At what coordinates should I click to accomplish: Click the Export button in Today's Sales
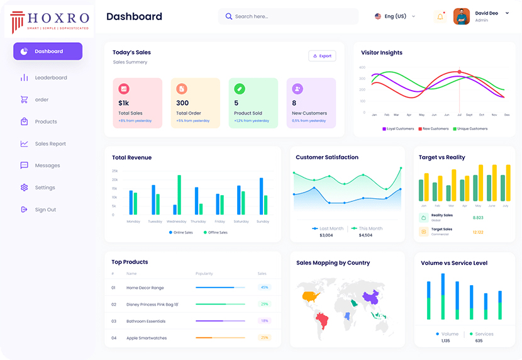[x=322, y=56]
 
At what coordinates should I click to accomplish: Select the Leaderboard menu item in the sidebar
[x=50, y=77]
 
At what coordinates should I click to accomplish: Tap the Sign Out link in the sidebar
[x=45, y=210]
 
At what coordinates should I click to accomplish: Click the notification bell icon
[x=440, y=17]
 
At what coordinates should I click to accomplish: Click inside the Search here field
[x=289, y=16]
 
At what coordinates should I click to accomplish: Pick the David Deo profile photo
[x=462, y=16]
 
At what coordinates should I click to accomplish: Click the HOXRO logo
[x=50, y=21]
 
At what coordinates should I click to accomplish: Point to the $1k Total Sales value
[x=123, y=103]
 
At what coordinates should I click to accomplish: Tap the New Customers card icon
[x=297, y=89]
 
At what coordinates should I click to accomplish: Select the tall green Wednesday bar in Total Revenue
[x=179, y=194]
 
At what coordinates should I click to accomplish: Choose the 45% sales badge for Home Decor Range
[x=265, y=288]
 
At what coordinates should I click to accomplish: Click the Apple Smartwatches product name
[x=147, y=338]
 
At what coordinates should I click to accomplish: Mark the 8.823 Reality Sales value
[x=478, y=218]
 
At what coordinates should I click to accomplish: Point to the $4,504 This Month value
[x=365, y=235]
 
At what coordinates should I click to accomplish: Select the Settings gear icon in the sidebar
[x=24, y=188]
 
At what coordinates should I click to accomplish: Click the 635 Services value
[x=479, y=340]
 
